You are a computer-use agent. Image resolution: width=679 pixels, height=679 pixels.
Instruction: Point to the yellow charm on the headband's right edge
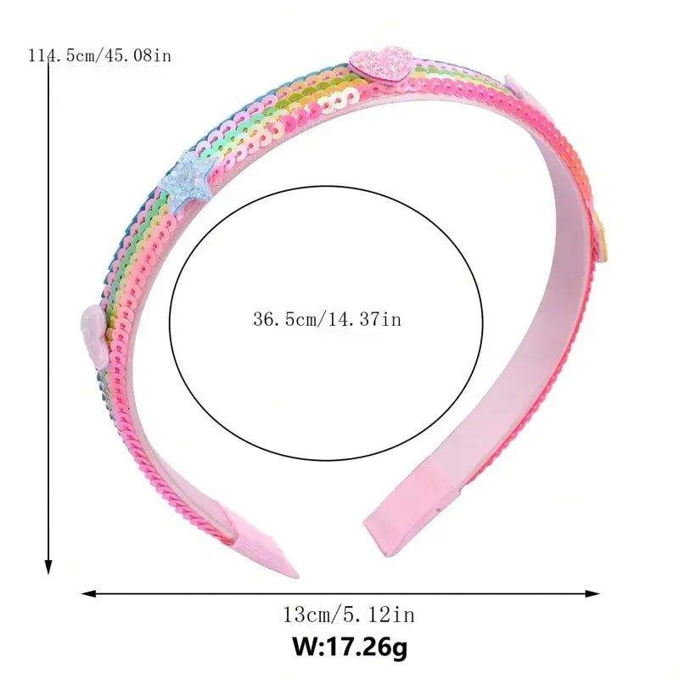[601, 238]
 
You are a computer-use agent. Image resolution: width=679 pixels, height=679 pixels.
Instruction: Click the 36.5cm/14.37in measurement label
[328, 320]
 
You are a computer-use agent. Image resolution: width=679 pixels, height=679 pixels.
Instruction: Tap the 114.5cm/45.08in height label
[99, 55]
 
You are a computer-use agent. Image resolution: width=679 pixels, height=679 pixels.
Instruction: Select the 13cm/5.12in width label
[349, 614]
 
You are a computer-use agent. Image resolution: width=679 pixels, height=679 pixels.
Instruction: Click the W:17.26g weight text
[350, 647]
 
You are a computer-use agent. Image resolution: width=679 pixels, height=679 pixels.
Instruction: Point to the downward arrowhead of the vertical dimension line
[48, 567]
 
